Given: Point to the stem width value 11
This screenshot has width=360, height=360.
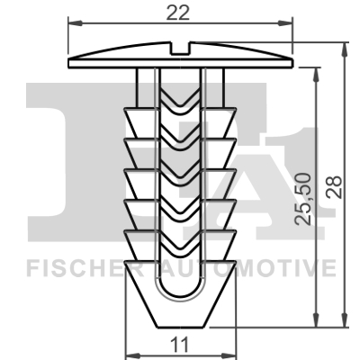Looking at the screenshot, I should click(x=179, y=343).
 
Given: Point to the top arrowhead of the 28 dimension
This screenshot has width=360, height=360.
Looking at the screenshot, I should click(x=345, y=45).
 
